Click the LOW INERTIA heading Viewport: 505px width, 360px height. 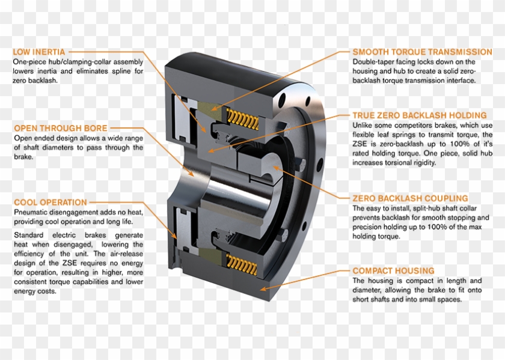[39, 52]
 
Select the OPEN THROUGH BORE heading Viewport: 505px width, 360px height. [61, 128]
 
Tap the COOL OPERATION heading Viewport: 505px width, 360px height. [50, 203]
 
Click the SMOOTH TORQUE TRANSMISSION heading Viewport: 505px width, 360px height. [422, 52]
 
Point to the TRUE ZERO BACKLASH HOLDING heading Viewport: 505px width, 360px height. [419, 115]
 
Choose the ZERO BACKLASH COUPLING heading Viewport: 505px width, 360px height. [410, 198]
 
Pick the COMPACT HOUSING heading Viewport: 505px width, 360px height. [393, 271]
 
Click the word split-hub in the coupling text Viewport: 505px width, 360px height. [424, 209]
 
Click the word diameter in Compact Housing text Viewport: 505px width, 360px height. [370, 290]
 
